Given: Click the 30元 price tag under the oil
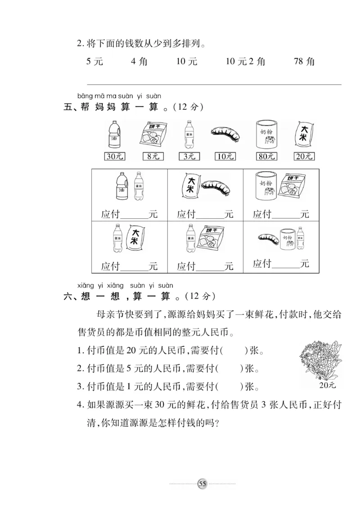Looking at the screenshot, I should (115, 157).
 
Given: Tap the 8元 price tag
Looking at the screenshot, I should (153, 157).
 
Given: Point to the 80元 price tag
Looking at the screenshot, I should (266, 157).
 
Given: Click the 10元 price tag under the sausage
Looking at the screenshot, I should (225, 157).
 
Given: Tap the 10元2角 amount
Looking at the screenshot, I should (245, 62).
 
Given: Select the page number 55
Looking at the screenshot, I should (202, 484).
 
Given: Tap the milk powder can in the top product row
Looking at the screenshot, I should (266, 134).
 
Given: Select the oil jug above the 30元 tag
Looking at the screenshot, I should (115, 135).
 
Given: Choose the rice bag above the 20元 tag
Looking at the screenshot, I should (304, 134).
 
